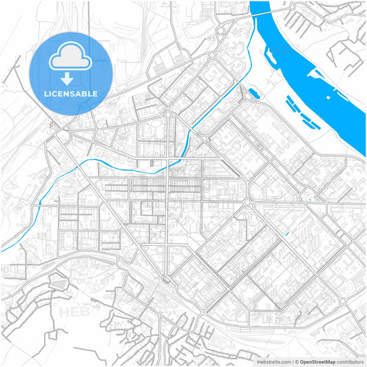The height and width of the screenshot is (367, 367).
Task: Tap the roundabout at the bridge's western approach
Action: (x=222, y=30)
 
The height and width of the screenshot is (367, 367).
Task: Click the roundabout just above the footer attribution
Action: (x=342, y=302)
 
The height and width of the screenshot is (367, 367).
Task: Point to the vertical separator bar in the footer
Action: (x=294, y=361)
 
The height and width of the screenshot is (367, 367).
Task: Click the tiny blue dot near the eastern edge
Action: (x=311, y=200)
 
